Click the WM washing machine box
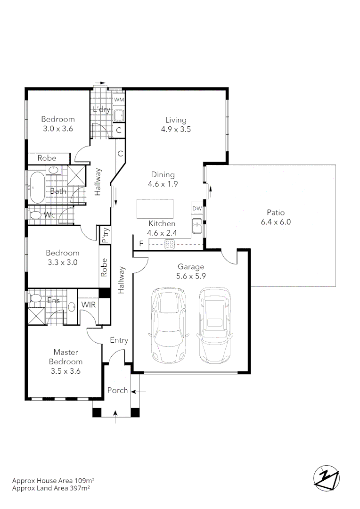119,100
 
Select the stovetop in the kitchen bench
170,244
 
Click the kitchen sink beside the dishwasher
197,227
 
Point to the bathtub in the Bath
37,187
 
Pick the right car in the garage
215,325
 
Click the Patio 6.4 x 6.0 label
276,217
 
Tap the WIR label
88,304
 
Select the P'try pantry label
106,235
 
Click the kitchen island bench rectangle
155,209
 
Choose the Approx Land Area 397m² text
51,488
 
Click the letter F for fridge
140,244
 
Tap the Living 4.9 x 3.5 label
175,124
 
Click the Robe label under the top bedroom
47,158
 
